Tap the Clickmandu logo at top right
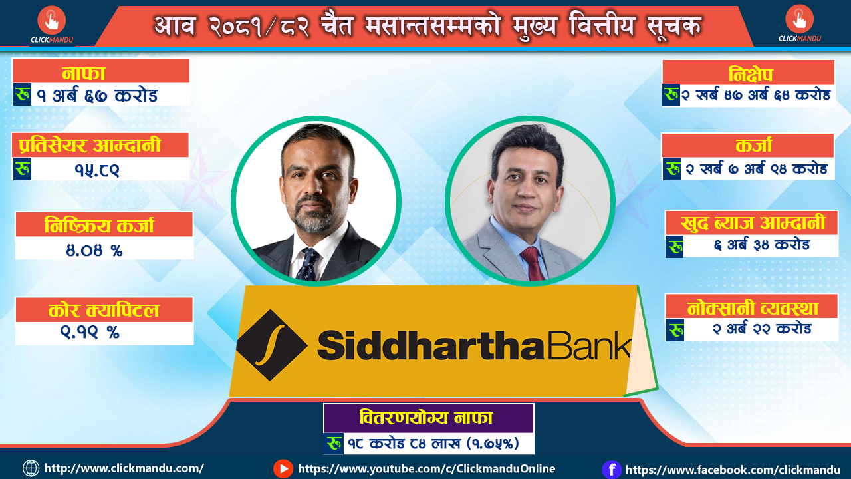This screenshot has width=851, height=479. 799,23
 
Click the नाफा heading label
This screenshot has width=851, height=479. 84,73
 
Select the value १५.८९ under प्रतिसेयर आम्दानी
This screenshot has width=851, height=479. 97,170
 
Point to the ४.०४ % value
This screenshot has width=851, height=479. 94,250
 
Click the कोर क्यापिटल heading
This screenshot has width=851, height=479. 103,310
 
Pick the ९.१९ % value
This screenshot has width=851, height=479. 90,332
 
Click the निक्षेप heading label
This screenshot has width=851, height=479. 751,74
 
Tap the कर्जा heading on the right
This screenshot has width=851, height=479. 754,145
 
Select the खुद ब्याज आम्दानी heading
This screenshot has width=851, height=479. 753,223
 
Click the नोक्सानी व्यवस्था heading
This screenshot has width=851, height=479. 753,308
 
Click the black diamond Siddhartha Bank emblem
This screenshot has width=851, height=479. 272,345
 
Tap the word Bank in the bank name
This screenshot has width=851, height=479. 589,345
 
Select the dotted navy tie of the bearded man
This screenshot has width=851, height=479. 308,265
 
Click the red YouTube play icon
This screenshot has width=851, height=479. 283,469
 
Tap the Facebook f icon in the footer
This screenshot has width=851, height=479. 612,470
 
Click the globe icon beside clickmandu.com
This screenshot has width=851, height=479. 31,468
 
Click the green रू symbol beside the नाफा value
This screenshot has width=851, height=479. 22,94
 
